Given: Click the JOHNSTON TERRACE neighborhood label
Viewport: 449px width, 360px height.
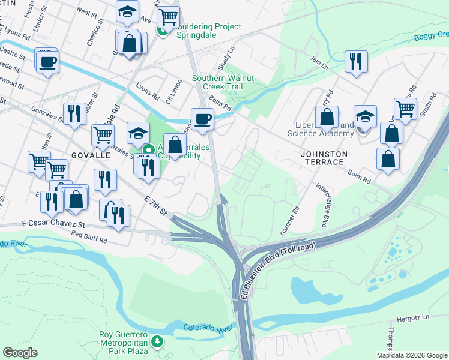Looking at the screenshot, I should coord(324,158).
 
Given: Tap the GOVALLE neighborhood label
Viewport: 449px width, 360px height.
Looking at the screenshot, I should coord(91,155).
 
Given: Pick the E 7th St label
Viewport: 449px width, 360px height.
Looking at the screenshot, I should coord(155,207).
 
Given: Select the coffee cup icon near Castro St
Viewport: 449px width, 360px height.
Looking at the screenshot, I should coord(47,61).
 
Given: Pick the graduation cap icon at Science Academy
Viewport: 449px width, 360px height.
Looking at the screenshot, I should coord(365,116).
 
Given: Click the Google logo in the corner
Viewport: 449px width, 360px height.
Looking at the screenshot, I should coord(20,353).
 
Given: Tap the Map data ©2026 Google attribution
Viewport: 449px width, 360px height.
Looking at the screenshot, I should coord(412,355).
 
